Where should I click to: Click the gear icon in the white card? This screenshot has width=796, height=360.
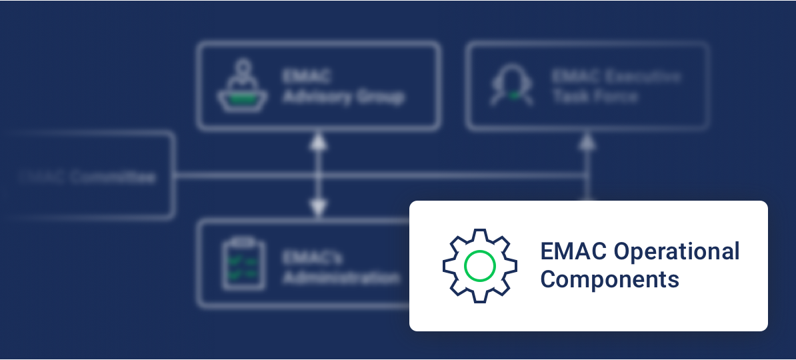[479, 266]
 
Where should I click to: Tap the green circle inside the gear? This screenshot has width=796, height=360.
[479, 266]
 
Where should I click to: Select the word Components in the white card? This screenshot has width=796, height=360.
[609, 279]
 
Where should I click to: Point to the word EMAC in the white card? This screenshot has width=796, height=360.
[573, 252]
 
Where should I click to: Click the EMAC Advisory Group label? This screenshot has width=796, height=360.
[343, 86]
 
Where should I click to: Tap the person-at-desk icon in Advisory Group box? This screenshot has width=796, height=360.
[243, 85]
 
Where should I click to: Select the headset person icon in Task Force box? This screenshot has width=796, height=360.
[512, 86]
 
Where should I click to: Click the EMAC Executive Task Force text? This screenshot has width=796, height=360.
[615, 86]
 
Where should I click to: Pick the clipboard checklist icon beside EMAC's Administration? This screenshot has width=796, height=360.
[243, 265]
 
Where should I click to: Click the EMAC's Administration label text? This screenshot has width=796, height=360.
[341, 267]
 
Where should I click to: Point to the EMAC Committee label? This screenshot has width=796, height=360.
[87, 177]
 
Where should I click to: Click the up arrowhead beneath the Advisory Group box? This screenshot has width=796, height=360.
[319, 141]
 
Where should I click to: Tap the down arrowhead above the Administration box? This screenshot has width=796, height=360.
[319, 209]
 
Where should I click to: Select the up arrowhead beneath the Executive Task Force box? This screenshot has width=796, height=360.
[587, 141]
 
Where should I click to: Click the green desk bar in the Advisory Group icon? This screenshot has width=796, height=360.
[243, 98]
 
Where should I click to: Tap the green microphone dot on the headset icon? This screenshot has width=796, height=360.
[513, 96]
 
